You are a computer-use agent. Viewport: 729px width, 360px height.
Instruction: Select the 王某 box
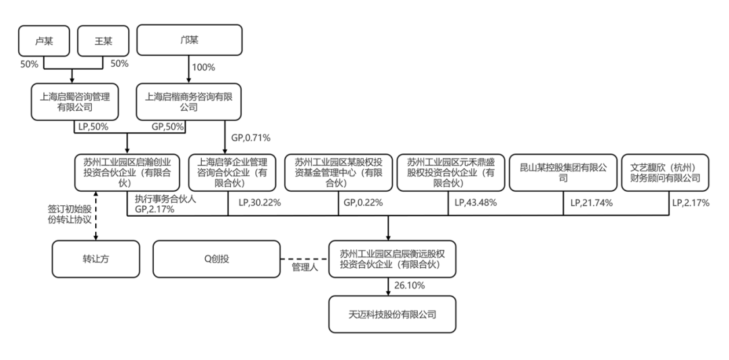103,41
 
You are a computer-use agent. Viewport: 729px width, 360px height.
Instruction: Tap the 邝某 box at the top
189,41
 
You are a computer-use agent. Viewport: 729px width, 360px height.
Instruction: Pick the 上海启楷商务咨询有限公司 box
189,101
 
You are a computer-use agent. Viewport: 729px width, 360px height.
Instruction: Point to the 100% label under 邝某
203,68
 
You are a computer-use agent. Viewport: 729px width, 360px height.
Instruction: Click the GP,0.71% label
251,138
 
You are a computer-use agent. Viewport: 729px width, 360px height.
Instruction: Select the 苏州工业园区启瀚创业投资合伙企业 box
128,172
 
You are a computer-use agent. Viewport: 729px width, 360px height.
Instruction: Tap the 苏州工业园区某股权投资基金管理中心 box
339,172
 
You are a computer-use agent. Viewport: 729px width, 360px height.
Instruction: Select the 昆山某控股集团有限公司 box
564,172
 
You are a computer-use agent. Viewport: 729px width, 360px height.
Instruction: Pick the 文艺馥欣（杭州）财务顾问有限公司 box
665,172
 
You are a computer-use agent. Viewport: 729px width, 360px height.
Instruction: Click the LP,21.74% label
591,202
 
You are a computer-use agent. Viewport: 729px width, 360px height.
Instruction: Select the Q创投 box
217,259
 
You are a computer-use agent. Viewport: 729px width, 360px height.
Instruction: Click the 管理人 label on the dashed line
304,267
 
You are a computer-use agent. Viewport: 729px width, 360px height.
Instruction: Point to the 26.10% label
410,286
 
